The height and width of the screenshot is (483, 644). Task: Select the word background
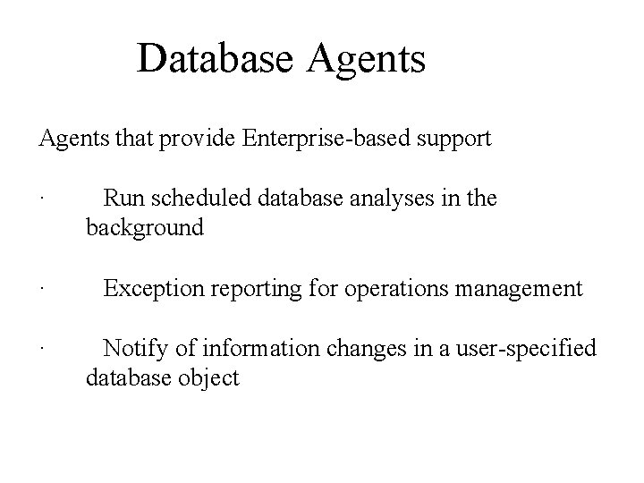tap(145, 229)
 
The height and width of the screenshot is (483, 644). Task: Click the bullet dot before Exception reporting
tap(42, 290)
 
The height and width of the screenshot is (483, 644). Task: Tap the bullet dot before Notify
tap(42, 349)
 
